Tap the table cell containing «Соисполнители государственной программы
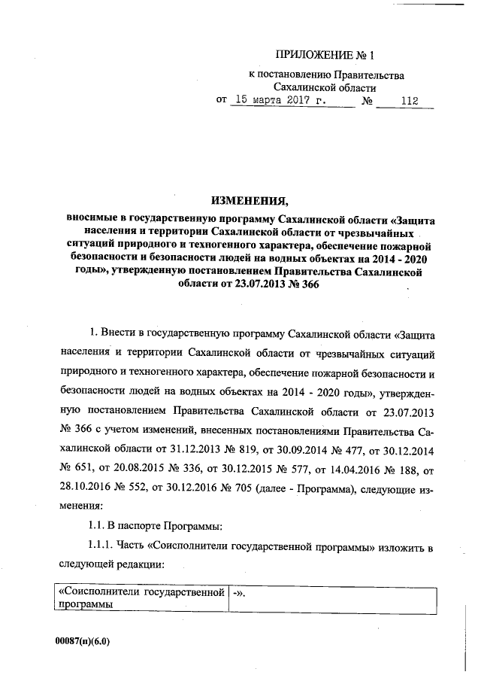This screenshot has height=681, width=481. click(142, 597)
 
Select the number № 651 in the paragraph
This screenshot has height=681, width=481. click(74, 469)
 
